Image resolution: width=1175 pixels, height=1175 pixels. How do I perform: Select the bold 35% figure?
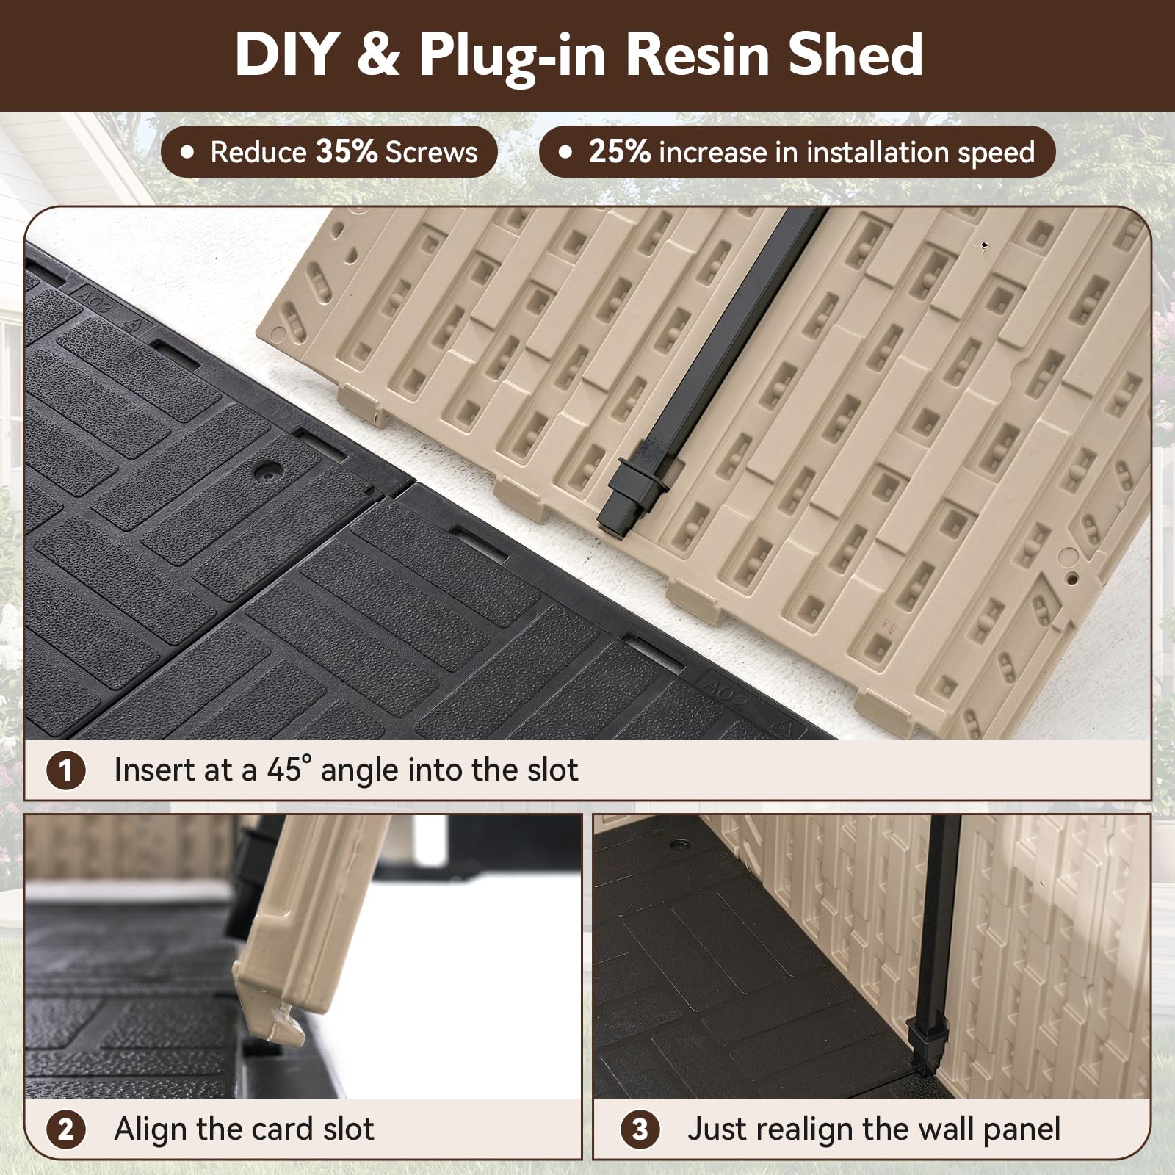click(x=347, y=152)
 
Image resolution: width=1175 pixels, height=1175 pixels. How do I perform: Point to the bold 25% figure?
click(x=619, y=152)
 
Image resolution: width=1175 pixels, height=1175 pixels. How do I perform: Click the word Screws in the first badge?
click(x=431, y=152)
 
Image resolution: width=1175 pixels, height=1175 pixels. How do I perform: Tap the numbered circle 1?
click(x=66, y=770)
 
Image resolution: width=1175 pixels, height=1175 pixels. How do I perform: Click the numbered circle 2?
click(x=66, y=1129)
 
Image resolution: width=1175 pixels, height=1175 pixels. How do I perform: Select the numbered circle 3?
click(x=640, y=1129)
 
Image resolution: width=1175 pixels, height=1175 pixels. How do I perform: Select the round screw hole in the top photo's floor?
click(x=269, y=470)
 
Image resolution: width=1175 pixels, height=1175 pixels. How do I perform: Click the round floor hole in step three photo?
click(x=679, y=845)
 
